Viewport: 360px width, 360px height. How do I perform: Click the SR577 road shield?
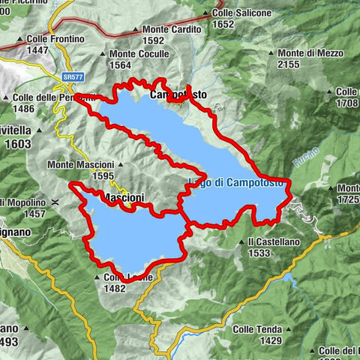(x=73, y=76)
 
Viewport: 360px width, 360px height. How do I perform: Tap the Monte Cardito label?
(x=172, y=29)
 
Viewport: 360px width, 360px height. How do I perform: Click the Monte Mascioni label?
(x=79, y=164)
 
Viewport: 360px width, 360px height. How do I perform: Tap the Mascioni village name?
(x=122, y=198)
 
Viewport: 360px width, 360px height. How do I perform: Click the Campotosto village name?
(x=178, y=95)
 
